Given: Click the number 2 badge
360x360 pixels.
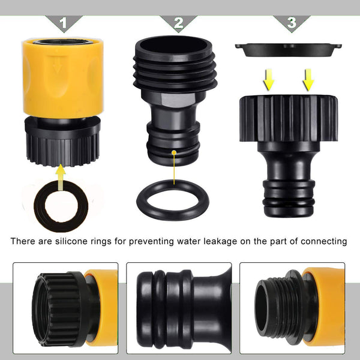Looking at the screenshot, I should click(178, 23).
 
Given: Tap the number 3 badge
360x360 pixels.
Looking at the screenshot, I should click(291, 23).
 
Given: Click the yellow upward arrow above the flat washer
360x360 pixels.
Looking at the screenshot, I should click(61, 176).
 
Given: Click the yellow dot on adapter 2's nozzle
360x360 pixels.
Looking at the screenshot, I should click(173, 153).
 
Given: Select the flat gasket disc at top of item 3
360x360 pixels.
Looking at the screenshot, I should click(289, 49).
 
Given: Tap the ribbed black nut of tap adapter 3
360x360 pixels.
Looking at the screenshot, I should click(289, 117).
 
